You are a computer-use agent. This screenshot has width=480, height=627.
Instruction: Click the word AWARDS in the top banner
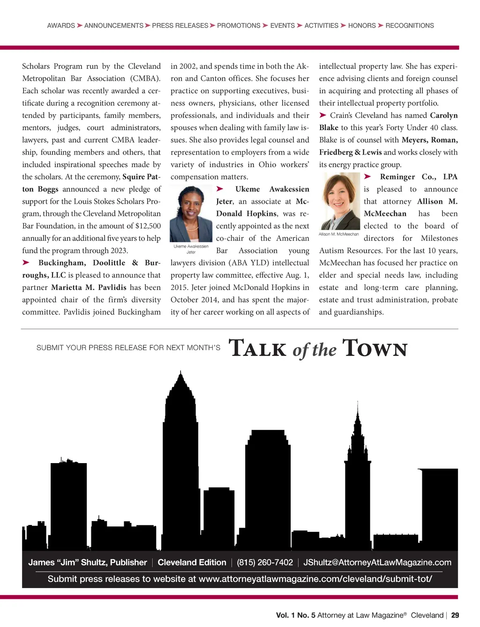coord(61,25)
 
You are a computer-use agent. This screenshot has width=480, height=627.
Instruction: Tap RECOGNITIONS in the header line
coord(409,25)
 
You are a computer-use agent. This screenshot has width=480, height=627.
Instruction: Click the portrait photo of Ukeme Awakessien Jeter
coord(191,214)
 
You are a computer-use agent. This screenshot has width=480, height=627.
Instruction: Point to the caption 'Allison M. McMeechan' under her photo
coord(338,234)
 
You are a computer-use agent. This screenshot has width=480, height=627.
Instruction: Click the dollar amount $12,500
coord(148,226)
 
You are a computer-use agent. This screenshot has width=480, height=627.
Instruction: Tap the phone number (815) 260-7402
coord(265,562)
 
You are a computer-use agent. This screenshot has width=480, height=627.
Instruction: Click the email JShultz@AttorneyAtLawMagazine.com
coord(377,562)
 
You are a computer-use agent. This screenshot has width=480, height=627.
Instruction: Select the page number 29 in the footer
coord(455,615)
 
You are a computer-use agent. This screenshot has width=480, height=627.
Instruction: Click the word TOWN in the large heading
coord(375,349)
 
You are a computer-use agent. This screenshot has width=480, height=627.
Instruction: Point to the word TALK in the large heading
coord(257,349)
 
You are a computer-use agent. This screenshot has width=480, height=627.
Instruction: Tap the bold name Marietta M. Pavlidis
coord(89,288)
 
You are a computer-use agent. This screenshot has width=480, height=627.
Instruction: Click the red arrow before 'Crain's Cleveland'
coord(323,115)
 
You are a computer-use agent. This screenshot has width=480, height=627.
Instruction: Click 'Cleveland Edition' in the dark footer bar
coord(192,562)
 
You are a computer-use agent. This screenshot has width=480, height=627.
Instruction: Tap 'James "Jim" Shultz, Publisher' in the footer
coord(88,562)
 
